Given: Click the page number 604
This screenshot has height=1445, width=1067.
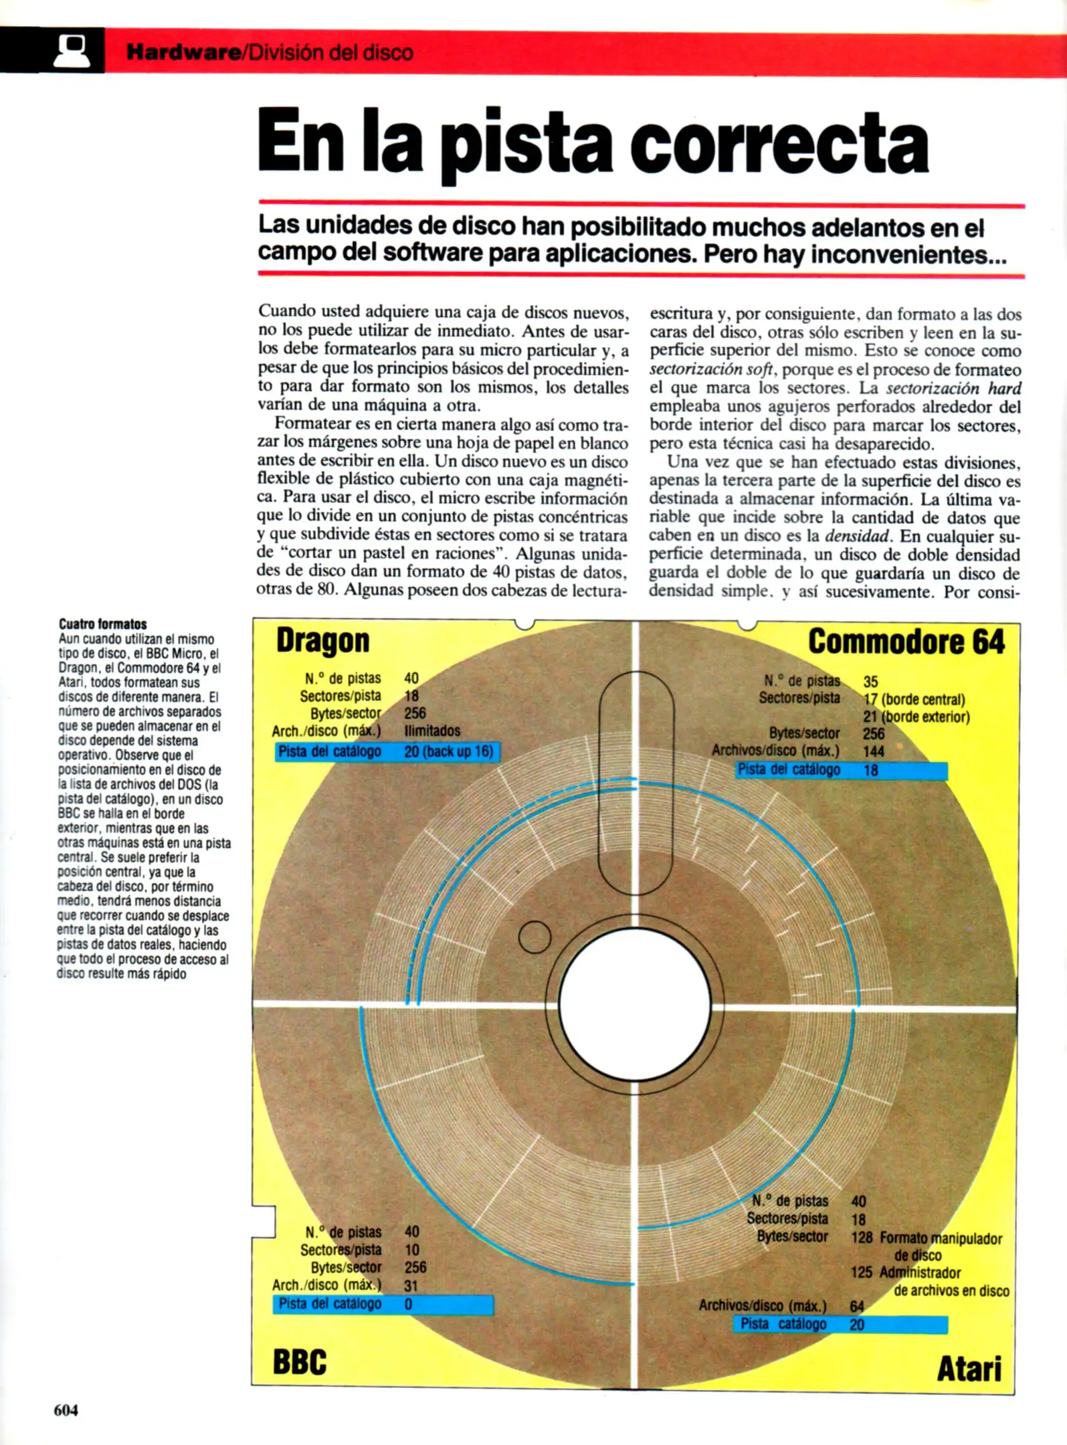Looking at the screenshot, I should tap(66, 1410).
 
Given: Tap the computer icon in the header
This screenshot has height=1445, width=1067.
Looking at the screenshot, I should tap(72, 51).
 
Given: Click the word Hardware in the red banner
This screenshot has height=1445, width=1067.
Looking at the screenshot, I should tap(183, 52).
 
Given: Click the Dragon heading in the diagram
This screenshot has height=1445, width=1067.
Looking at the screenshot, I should tap(322, 641).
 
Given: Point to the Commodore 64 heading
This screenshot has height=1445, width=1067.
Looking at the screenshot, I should tap(906, 642).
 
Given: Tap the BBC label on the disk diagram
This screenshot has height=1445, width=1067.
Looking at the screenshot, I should tap(300, 1362).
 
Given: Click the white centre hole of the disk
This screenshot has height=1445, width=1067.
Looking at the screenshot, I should tap(634, 1004).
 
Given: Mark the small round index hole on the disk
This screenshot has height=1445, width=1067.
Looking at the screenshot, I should tap(535, 937).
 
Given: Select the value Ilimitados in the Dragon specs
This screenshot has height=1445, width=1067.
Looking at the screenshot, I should tap(432, 731).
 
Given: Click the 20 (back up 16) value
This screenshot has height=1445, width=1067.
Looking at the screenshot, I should tap(448, 751).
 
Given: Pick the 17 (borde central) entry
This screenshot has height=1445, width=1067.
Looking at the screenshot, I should tap(914, 700).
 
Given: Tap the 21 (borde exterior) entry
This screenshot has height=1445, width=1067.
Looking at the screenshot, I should tap(916, 717).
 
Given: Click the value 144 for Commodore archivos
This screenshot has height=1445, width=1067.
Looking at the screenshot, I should tap(874, 751).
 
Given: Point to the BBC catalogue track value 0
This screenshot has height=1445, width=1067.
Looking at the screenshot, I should tap(409, 1304).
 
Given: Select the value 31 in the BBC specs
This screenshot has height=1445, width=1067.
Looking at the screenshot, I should tap(411, 1286).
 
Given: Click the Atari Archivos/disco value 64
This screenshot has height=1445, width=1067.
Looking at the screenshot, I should tap(857, 1306).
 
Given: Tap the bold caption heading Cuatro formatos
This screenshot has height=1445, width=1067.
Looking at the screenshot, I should tap(102, 624).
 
